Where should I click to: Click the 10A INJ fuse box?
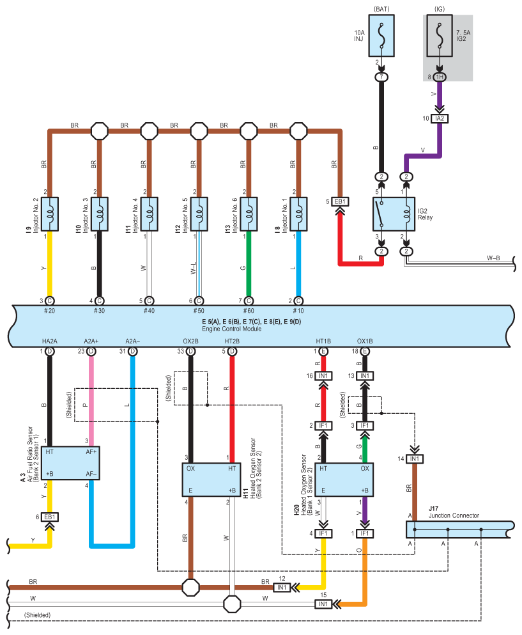pos(381,36)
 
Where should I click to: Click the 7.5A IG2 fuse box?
pos(440,36)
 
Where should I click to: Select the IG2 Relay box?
pos(394,214)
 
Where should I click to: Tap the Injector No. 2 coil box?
pos(50,214)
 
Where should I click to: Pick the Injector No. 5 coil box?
pos(199,214)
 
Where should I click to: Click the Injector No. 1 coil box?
pos(298,214)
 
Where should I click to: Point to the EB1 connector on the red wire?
pos(340,201)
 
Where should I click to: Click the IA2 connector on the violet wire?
pos(440,119)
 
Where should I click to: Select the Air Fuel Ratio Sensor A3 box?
pos(71,463)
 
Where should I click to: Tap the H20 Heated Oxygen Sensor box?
pos(344,480)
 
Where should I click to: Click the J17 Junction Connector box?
pos(459,529)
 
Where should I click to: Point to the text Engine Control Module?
pos(231,329)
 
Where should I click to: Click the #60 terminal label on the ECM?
pos(249,311)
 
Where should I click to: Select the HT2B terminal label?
pos(232,341)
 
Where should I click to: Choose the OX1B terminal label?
pos(365,341)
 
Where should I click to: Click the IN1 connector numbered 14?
pos(415,459)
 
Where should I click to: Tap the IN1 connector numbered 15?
pos(323,604)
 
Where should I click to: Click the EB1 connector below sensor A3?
pos(50,517)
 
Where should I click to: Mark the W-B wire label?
pos(493,258)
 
